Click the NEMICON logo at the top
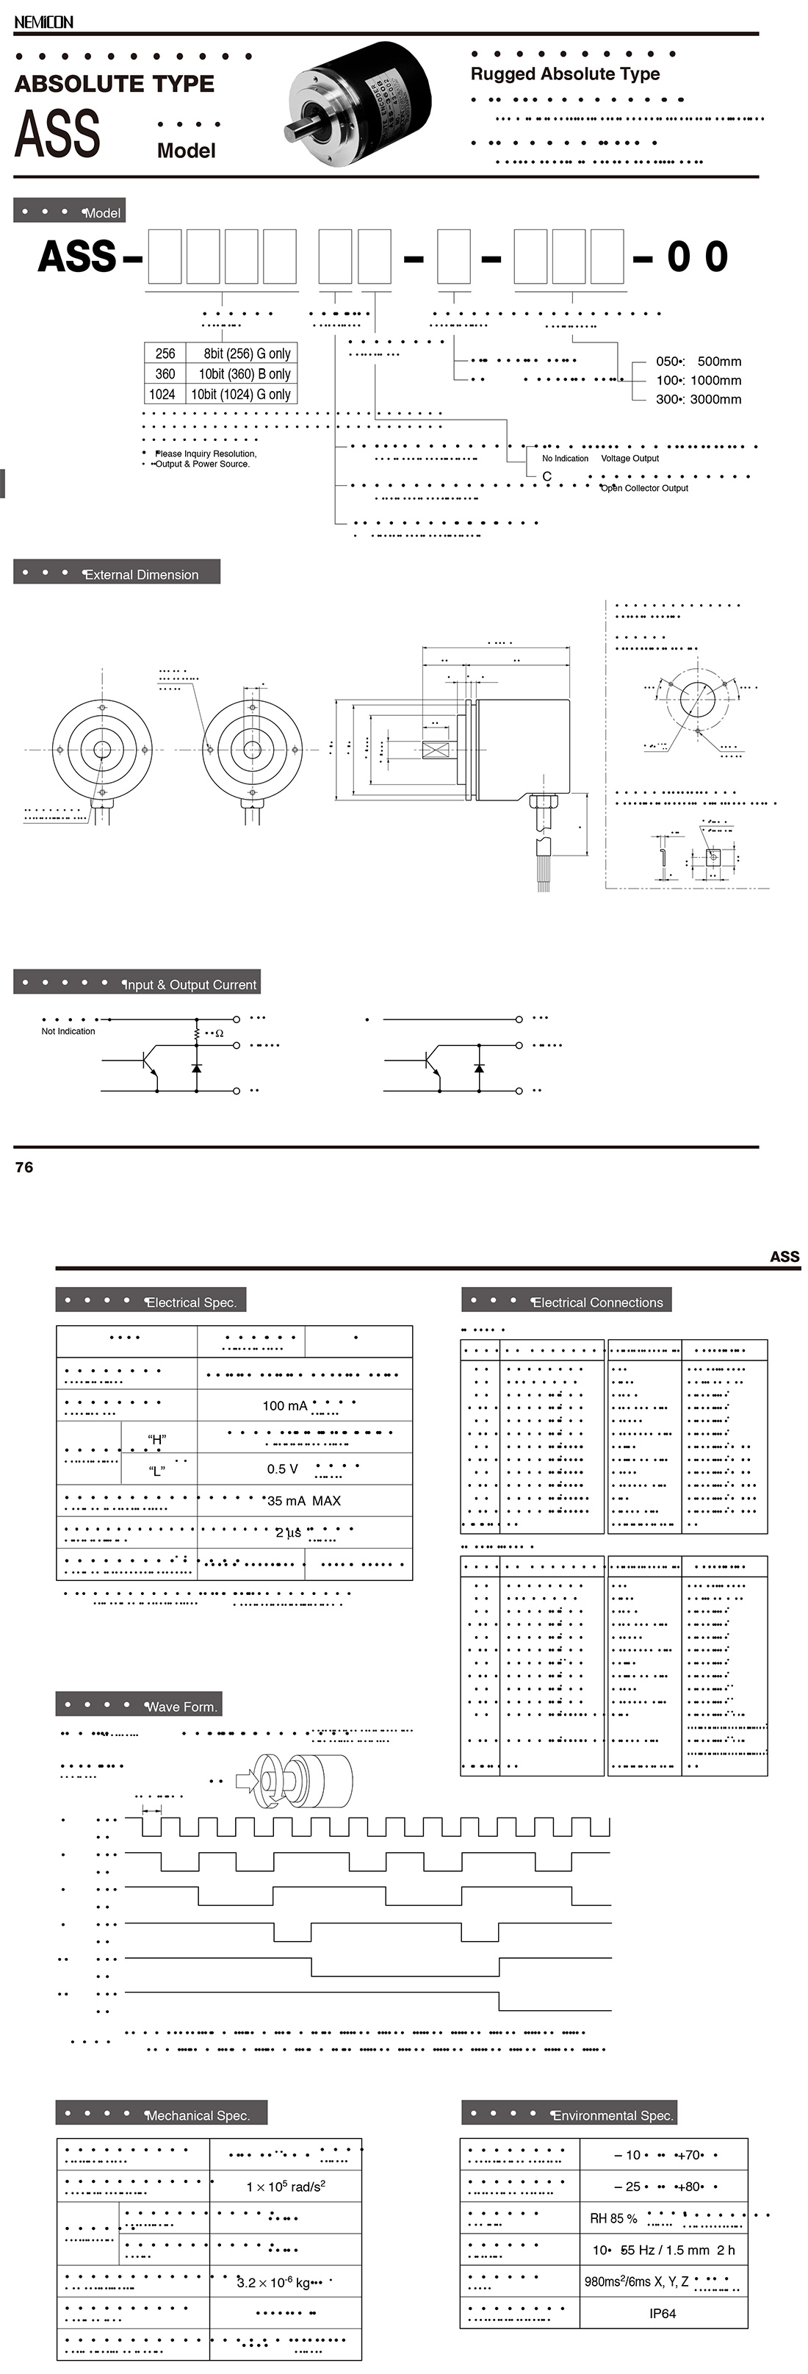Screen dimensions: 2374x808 (43, 22)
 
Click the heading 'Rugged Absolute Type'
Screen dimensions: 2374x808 (565, 73)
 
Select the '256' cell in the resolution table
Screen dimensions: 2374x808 (165, 354)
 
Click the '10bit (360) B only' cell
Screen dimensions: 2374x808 (244, 374)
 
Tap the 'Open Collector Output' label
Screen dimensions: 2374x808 (644, 489)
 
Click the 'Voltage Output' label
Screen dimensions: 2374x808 (630, 458)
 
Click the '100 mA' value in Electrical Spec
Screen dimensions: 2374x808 (285, 1405)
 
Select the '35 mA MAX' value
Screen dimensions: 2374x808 (303, 1500)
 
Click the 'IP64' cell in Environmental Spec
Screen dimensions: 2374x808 (662, 2313)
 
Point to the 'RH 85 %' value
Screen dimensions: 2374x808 (613, 2218)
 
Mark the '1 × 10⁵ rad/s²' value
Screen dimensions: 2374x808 (286, 2186)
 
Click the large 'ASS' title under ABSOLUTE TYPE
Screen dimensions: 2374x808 (57, 135)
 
